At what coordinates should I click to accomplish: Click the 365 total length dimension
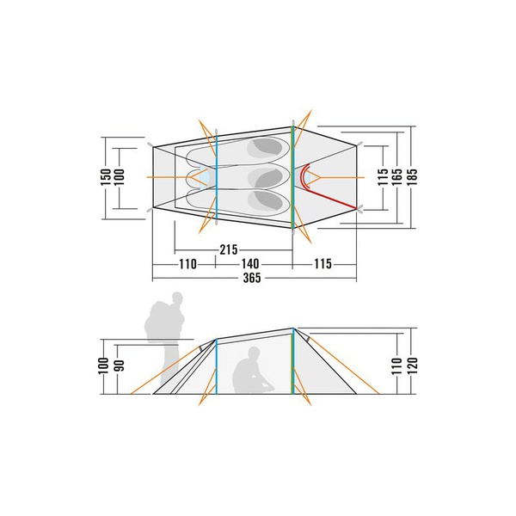click(x=252, y=278)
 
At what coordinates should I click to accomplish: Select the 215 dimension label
click(x=229, y=249)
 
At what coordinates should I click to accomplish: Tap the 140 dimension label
click(x=250, y=264)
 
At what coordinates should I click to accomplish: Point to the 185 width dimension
click(x=412, y=176)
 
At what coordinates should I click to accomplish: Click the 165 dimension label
click(x=397, y=176)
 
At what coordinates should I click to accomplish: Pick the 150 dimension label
click(x=106, y=177)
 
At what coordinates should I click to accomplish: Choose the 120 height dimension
click(x=412, y=365)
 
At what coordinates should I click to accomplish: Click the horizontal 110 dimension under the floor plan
click(x=187, y=264)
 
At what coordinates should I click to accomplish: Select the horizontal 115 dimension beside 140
click(x=322, y=264)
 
